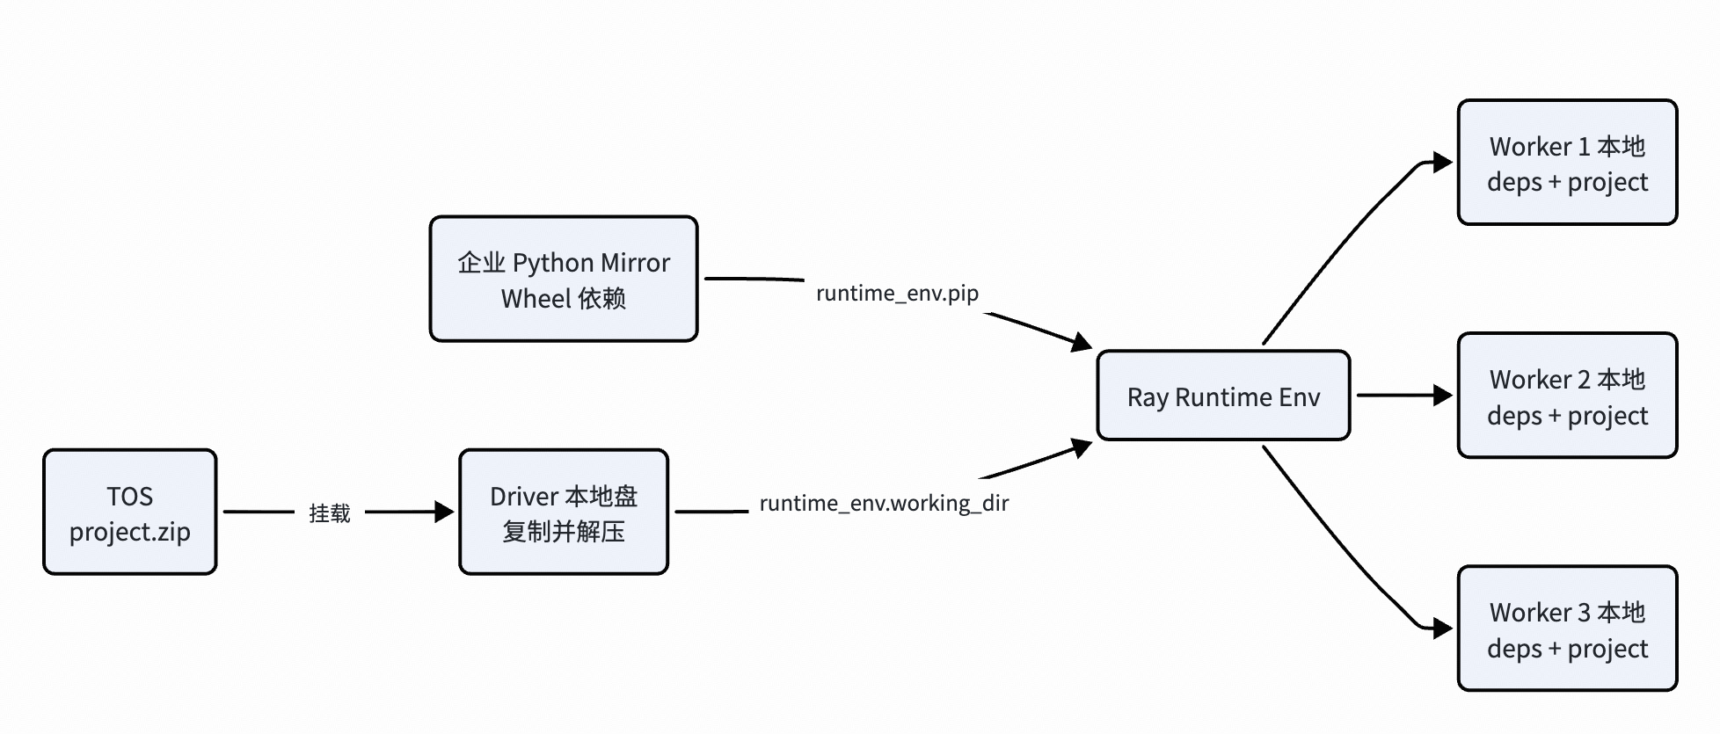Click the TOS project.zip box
(x=130, y=512)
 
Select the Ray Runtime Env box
(x=1223, y=396)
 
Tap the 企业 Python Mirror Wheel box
(x=564, y=279)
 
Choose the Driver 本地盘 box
(x=564, y=512)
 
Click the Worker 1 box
(x=1567, y=163)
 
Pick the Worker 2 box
(x=1567, y=396)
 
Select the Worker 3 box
(x=1567, y=629)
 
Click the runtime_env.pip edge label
(x=897, y=294)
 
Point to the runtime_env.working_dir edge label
(x=884, y=504)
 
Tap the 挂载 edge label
(x=330, y=512)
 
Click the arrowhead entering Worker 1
(x=1442, y=163)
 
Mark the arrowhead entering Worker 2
(x=1442, y=396)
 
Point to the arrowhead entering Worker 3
(x=1442, y=629)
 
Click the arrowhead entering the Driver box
(x=444, y=512)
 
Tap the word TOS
(x=130, y=497)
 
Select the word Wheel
(x=536, y=299)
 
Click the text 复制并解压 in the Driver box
(x=564, y=532)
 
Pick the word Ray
(x=1148, y=398)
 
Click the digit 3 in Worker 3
(x=1584, y=613)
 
